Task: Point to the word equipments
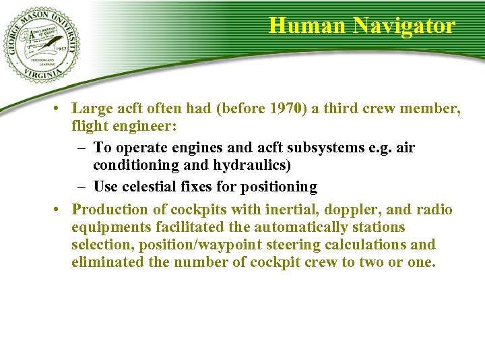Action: point(107,227)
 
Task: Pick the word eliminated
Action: point(106,262)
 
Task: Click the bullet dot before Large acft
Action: point(60,108)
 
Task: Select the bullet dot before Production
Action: point(60,210)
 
